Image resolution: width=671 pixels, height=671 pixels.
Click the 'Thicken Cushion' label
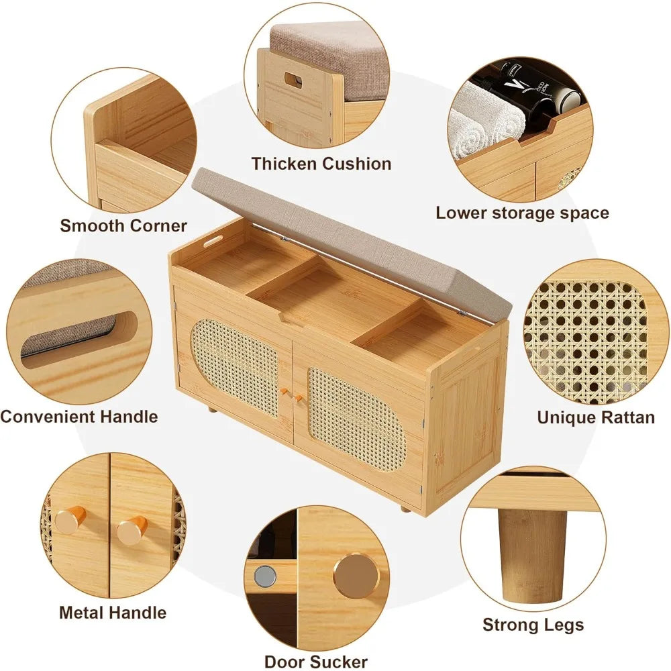[x=321, y=164]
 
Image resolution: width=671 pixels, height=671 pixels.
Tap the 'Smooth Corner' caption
[x=123, y=225]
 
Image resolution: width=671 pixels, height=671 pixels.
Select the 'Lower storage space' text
[x=522, y=213]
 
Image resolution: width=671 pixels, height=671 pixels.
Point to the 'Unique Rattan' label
[x=595, y=417]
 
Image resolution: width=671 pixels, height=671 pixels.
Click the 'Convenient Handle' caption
[x=79, y=417]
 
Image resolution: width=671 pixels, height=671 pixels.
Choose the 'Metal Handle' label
[x=113, y=613]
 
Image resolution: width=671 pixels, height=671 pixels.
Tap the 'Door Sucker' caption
[x=315, y=662]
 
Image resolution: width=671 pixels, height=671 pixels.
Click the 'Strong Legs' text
[x=533, y=625]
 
